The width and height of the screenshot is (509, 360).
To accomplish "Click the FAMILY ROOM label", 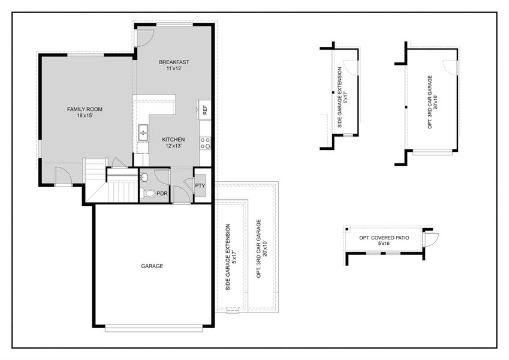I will click(85, 109).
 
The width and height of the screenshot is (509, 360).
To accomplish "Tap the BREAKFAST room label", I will click(174, 62).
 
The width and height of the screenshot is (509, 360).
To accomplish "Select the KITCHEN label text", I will click(173, 140).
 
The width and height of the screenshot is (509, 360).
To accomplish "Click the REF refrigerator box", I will click(205, 110).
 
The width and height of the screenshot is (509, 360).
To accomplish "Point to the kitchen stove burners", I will click(205, 143).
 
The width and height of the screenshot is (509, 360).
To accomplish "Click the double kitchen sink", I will click(143, 133).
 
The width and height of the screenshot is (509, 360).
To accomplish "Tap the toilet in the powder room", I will click(148, 194).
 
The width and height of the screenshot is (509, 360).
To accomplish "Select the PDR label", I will click(162, 194).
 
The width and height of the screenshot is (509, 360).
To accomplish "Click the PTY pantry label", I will click(200, 186).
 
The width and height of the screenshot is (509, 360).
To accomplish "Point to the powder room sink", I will click(144, 177).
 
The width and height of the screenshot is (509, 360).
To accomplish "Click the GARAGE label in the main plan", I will click(152, 266).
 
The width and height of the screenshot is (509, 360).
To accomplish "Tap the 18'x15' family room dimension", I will click(85, 116).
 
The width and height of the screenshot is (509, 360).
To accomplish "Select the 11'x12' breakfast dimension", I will click(174, 68).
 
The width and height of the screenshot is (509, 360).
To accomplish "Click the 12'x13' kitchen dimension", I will click(173, 146).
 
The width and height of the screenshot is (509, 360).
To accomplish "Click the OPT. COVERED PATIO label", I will click(384, 238).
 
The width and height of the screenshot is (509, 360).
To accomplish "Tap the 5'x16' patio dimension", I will click(384, 244).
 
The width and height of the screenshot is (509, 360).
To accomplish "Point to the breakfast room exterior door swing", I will click(144, 38).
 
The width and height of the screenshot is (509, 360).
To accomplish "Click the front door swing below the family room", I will click(62, 176).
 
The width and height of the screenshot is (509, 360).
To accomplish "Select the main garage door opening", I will click(154, 328).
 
